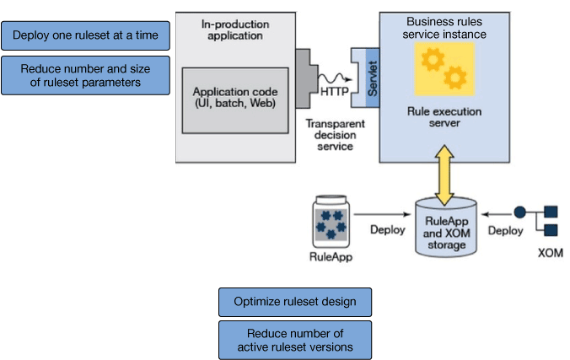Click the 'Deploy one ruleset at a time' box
[85, 35]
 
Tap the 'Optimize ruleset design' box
[294, 302]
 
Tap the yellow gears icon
[444, 69]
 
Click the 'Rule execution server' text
[444, 116]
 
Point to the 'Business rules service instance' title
[444, 27]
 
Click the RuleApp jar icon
[331, 220]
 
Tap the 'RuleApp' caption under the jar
[331, 256]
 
